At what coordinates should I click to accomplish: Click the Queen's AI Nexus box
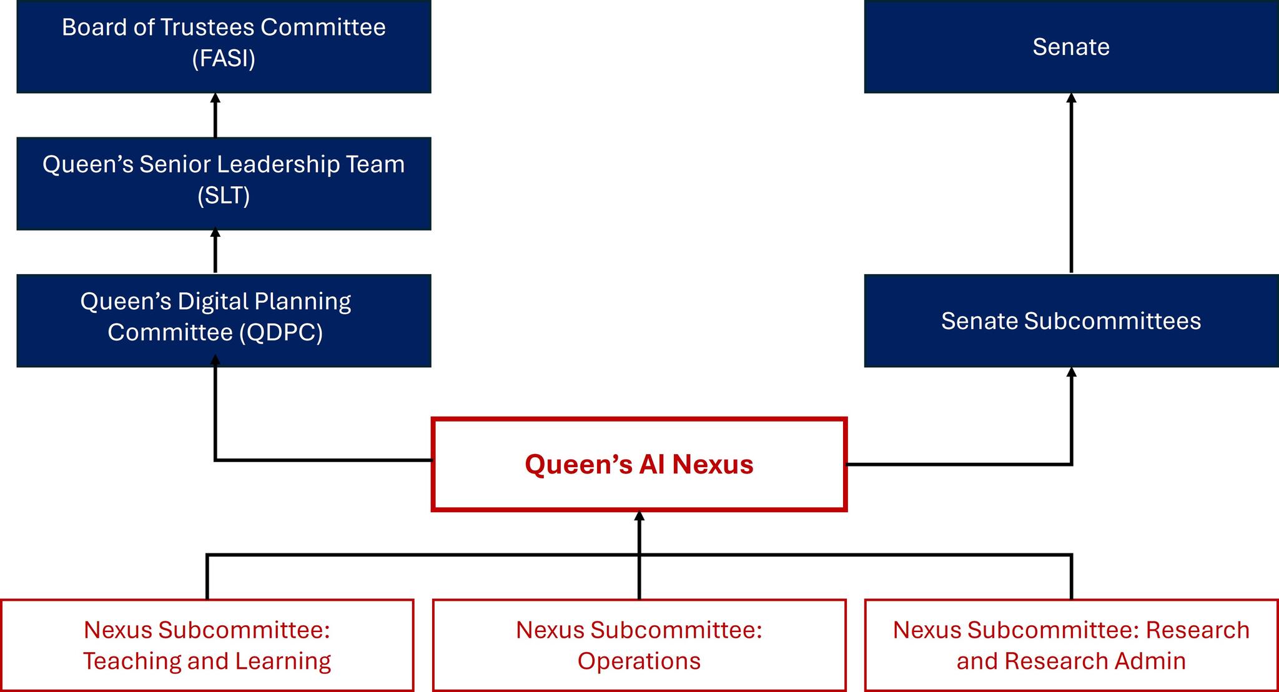pos(639,465)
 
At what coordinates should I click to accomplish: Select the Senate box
pos(1071,47)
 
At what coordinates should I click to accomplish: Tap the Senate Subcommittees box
pos(1071,320)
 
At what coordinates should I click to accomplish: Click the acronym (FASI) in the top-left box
pos(224,59)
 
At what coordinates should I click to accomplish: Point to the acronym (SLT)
pos(224,195)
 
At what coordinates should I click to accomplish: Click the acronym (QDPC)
pos(281,332)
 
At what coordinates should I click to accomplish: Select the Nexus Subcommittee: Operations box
pos(639,645)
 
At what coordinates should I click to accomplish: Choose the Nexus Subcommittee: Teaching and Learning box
pos(207,645)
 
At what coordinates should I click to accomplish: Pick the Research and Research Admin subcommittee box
pos(1071,645)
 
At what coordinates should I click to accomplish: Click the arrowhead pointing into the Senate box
pos(1072,98)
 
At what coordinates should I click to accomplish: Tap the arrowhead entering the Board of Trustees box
pos(215,98)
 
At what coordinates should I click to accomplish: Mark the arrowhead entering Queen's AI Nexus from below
pos(639,516)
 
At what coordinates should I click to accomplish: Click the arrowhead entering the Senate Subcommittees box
pos(1072,372)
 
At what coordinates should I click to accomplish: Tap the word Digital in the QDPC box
pos(213,302)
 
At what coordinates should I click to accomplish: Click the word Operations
pos(639,661)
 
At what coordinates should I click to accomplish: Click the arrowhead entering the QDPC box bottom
pos(215,360)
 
